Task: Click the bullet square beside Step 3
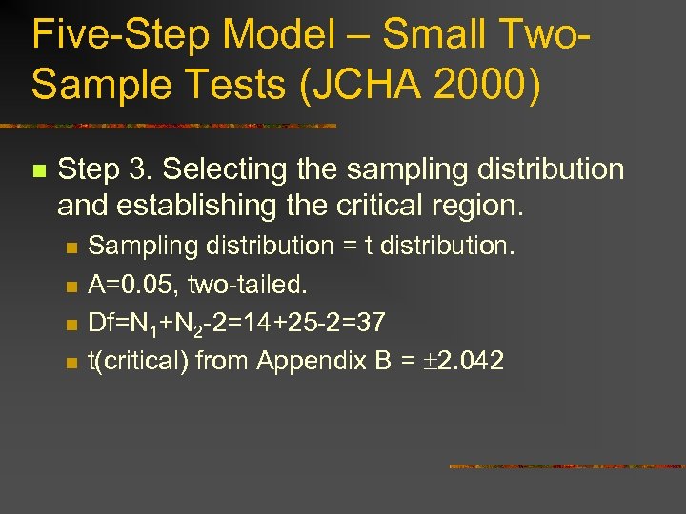(38, 171)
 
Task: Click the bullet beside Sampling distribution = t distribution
(70, 247)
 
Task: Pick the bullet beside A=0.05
(70, 286)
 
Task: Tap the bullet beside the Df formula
(70, 324)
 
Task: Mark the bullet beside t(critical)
(70, 362)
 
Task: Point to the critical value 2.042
(468, 361)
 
